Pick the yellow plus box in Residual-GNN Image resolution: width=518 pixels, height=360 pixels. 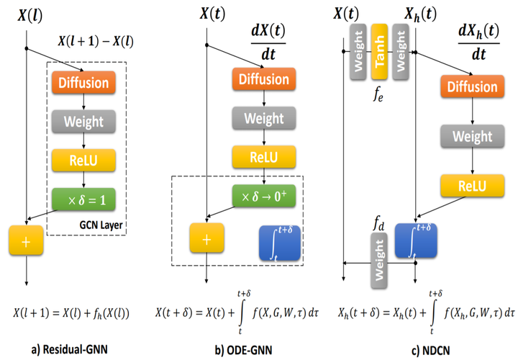point(26,242)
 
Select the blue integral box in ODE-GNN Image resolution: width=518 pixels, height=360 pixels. point(278,243)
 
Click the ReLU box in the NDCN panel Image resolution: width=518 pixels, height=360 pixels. point(471,186)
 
